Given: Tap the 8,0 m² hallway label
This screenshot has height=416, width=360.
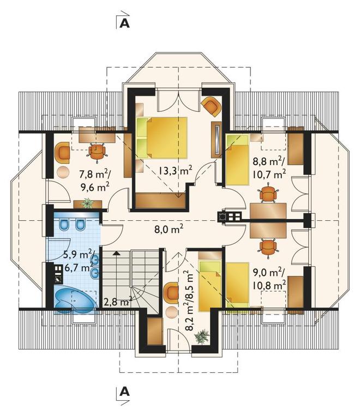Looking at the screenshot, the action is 169,228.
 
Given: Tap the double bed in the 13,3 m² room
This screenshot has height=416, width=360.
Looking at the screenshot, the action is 161,137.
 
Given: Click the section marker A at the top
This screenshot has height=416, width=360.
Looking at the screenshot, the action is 124,23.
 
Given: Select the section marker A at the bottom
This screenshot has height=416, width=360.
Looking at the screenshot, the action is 124,391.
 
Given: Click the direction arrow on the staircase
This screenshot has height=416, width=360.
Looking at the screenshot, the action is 116,253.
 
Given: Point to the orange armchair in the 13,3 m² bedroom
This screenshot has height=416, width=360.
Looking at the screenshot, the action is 212,106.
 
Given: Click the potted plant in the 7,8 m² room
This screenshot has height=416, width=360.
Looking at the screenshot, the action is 87,203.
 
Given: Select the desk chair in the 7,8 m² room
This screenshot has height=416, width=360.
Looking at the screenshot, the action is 97,152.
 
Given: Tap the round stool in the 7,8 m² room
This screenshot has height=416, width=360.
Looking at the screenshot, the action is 63,173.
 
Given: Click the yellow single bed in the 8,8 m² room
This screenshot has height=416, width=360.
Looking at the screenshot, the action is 237,159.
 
